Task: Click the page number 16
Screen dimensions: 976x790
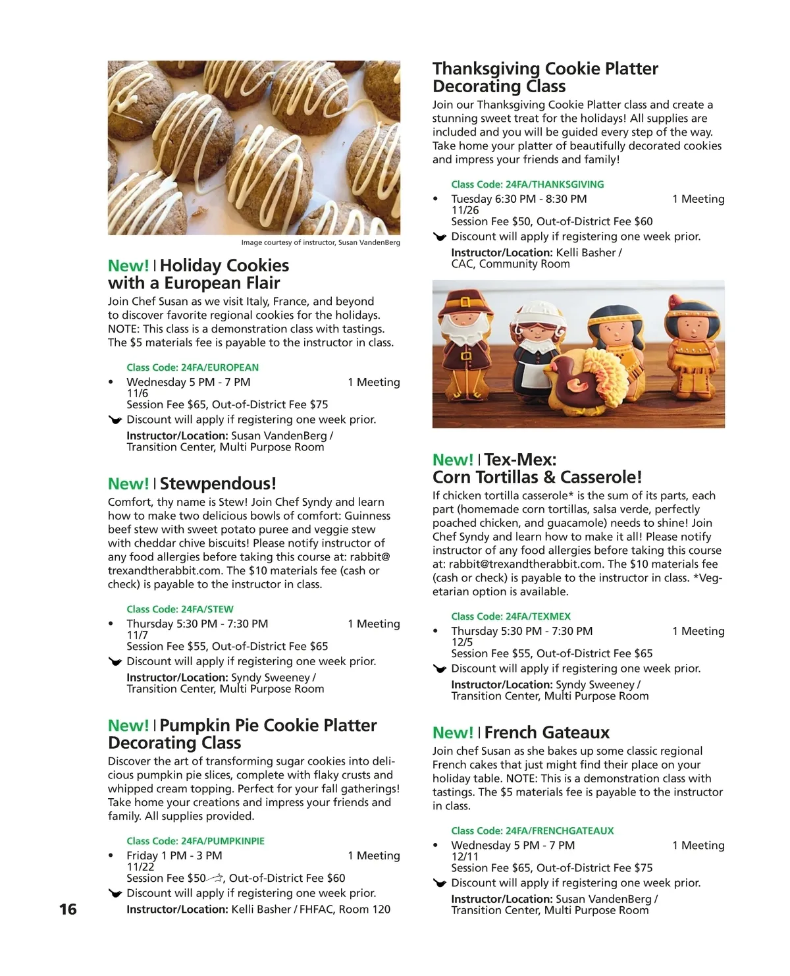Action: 68,909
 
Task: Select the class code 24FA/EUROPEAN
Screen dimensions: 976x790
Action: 192,367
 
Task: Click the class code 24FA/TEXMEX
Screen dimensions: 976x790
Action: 510,616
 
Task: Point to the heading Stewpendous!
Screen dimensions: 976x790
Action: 218,484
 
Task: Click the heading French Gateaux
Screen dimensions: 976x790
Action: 546,733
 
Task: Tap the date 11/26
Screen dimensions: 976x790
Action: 465,210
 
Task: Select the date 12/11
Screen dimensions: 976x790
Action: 465,856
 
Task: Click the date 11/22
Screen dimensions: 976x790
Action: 140,867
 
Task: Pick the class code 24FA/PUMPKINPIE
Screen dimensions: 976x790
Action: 196,841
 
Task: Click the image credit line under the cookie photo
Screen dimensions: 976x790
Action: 320,242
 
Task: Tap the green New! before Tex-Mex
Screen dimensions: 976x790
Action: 452,460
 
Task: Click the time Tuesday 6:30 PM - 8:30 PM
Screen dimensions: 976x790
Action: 519,199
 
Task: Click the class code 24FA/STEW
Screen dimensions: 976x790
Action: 180,609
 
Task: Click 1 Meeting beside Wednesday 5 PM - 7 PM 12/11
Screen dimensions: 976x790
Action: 698,846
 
